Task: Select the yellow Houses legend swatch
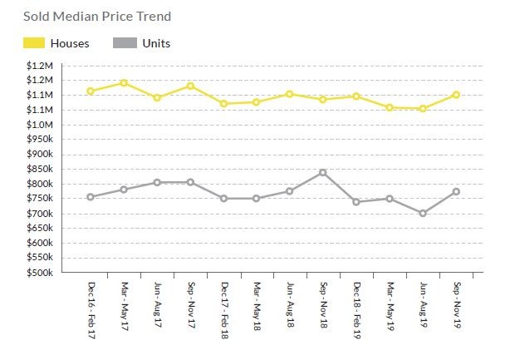coord(27,43)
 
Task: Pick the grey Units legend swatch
coord(124,43)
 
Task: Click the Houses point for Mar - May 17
coord(124,83)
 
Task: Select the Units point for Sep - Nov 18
coord(323,173)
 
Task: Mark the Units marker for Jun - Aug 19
coord(423,214)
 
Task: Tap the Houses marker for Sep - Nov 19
coord(456,95)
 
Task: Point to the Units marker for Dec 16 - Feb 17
coord(91,197)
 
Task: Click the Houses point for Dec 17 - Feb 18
coord(223,104)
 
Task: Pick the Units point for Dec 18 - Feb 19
coord(356,202)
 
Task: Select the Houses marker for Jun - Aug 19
coord(423,109)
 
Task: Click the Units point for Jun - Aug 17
coord(157,182)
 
